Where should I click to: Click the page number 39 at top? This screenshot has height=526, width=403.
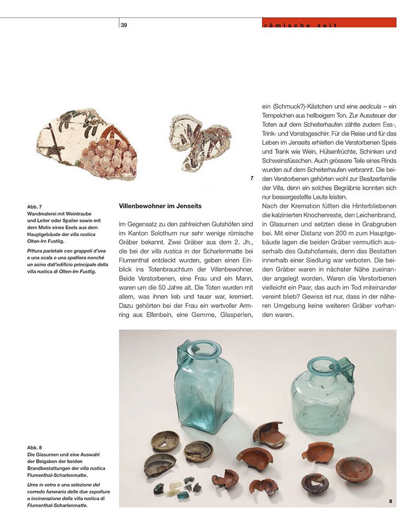(124, 25)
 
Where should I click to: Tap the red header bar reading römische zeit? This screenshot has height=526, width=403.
(329, 23)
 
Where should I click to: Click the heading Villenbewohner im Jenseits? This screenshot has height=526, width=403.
(160, 206)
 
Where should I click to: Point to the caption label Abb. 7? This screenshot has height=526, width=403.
(34, 207)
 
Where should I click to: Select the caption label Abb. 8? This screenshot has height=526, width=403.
(34, 448)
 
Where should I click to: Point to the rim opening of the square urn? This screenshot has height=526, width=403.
(204, 348)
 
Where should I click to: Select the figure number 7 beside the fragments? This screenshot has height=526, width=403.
(252, 178)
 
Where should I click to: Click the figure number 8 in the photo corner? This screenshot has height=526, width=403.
(390, 501)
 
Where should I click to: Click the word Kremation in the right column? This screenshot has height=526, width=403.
(298, 206)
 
